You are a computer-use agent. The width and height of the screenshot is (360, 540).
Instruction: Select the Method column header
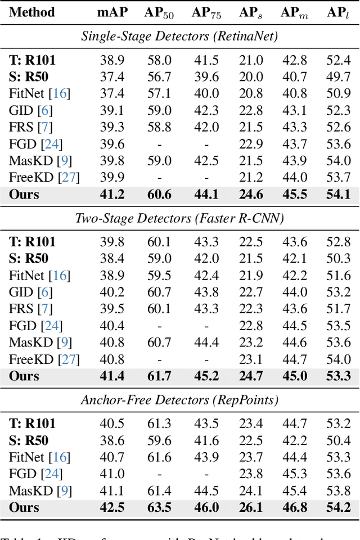[32, 12]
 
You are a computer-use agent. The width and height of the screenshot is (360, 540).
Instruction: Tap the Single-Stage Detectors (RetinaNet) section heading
[179, 37]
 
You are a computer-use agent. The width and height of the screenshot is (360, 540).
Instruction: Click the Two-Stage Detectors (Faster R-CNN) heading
[179, 218]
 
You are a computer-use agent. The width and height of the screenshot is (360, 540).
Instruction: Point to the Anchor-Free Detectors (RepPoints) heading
[179, 400]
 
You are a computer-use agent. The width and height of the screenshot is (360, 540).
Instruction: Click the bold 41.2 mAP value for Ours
[111, 195]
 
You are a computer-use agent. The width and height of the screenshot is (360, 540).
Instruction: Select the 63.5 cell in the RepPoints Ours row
[159, 507]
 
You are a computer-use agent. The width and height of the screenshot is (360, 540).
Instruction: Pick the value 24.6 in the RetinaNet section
[250, 195]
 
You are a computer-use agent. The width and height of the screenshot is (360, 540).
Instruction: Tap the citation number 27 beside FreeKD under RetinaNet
[70, 178]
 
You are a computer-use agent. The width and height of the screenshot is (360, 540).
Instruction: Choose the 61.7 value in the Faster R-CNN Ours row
[159, 376]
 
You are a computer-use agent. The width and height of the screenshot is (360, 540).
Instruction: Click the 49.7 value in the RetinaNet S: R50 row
[338, 77]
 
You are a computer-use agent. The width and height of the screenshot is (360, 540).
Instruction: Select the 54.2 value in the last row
[338, 507]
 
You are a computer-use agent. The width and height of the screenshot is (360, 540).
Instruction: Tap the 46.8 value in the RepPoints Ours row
[294, 507]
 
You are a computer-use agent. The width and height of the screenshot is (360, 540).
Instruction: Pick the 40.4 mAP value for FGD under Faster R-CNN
[111, 326]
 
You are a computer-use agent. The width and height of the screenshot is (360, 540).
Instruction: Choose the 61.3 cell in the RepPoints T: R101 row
[159, 424]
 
